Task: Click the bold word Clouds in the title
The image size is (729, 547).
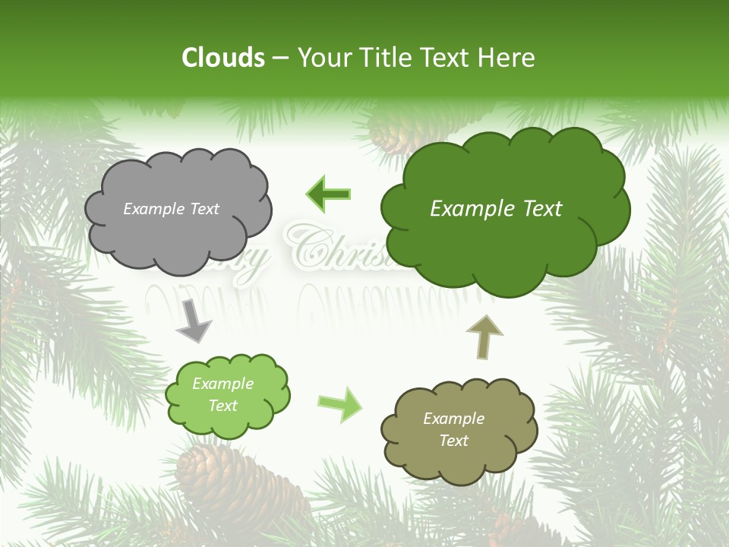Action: (x=223, y=58)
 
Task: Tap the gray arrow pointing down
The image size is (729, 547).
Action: (x=194, y=321)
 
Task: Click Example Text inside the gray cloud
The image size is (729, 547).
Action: (x=171, y=209)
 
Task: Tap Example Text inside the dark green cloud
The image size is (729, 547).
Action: (x=496, y=209)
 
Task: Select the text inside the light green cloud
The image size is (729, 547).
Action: (x=223, y=394)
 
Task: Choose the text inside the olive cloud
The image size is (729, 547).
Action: (x=453, y=429)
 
